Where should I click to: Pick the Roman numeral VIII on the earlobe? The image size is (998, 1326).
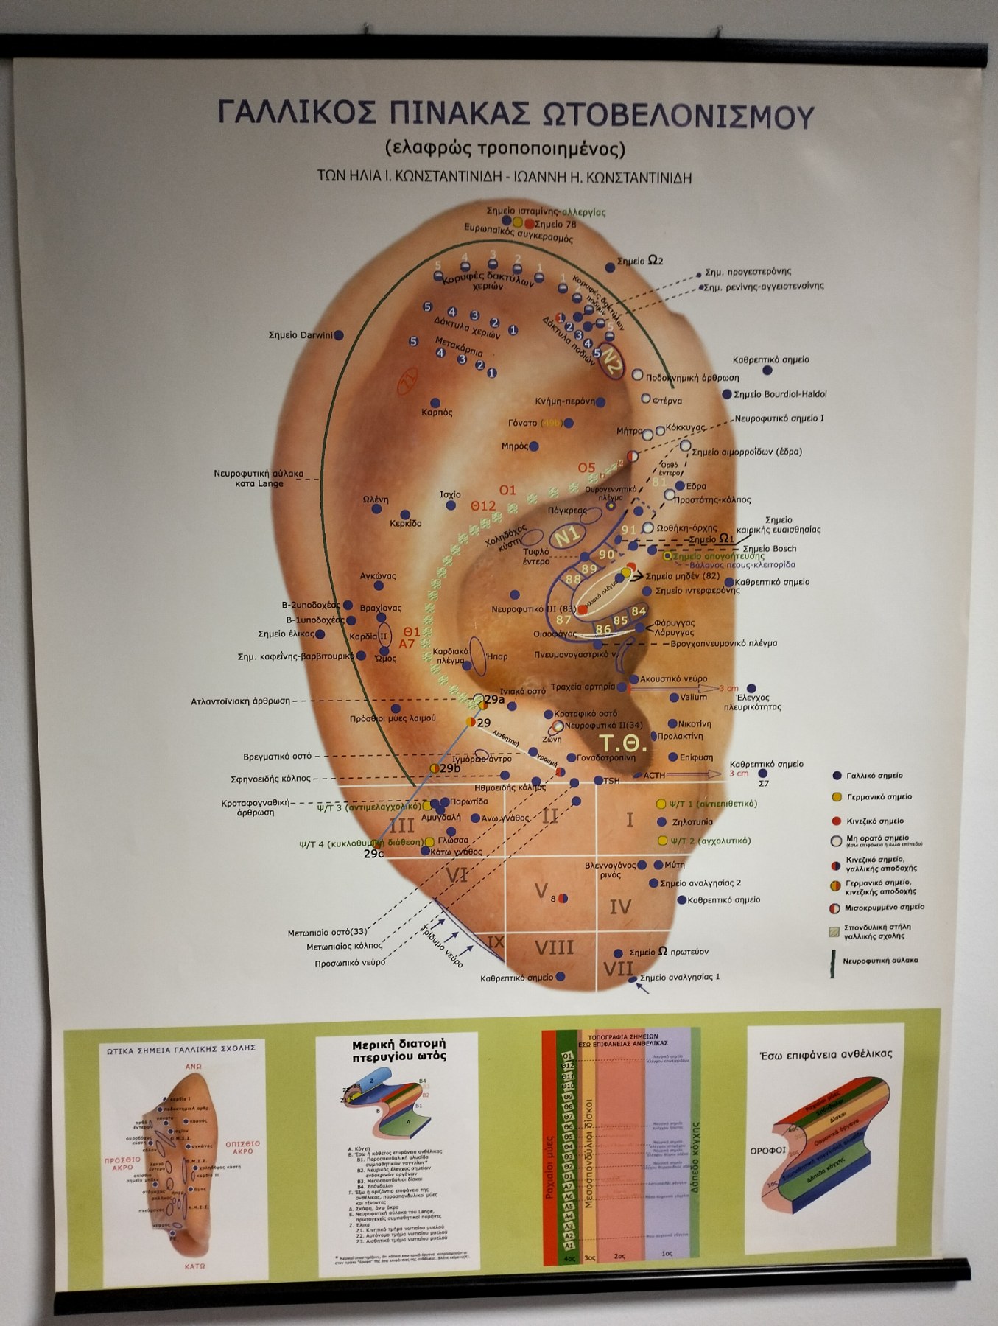(553, 947)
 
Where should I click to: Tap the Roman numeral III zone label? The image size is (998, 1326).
(401, 825)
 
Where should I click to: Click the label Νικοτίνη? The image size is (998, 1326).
(695, 724)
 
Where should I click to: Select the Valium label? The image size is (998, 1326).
(694, 697)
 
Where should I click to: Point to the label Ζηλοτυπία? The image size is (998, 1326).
(692, 822)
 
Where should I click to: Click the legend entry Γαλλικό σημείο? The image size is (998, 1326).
(874, 776)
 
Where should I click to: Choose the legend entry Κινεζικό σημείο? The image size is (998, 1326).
(874, 821)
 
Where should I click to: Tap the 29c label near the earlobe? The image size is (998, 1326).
(373, 855)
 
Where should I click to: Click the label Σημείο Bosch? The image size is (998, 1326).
(769, 549)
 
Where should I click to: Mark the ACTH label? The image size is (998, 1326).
(654, 776)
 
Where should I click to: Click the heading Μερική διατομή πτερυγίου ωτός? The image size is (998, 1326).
(398, 1050)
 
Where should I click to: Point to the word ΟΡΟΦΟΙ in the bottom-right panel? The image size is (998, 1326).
(768, 1150)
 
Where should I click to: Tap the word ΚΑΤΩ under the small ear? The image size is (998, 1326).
(194, 1266)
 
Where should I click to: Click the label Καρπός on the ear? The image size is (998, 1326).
(437, 413)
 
